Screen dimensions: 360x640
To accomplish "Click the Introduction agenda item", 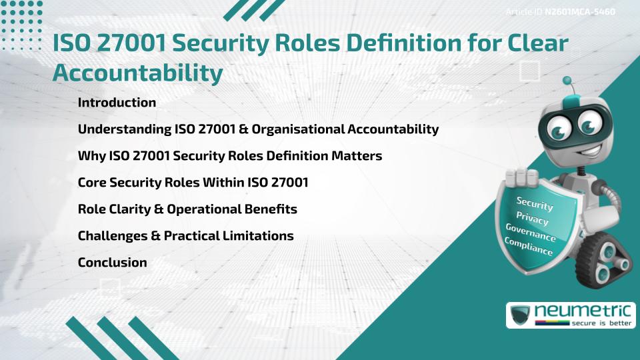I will [x=117, y=103].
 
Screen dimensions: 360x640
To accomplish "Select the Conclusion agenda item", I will [x=112, y=262].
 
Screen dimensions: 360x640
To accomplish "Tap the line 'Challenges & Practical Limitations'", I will [x=185, y=235].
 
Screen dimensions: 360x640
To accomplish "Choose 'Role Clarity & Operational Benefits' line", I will [x=187, y=209].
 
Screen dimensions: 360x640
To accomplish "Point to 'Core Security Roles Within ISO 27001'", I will [x=193, y=182].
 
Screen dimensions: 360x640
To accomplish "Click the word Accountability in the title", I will [x=137, y=73].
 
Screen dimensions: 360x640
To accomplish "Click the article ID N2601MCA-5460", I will [x=579, y=12].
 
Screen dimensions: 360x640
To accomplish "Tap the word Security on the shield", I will [x=535, y=203].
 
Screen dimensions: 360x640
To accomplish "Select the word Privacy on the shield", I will [x=532, y=219].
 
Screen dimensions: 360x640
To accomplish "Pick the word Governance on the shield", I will [x=531, y=233].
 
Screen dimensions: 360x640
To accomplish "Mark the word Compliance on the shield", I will [x=529, y=247].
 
